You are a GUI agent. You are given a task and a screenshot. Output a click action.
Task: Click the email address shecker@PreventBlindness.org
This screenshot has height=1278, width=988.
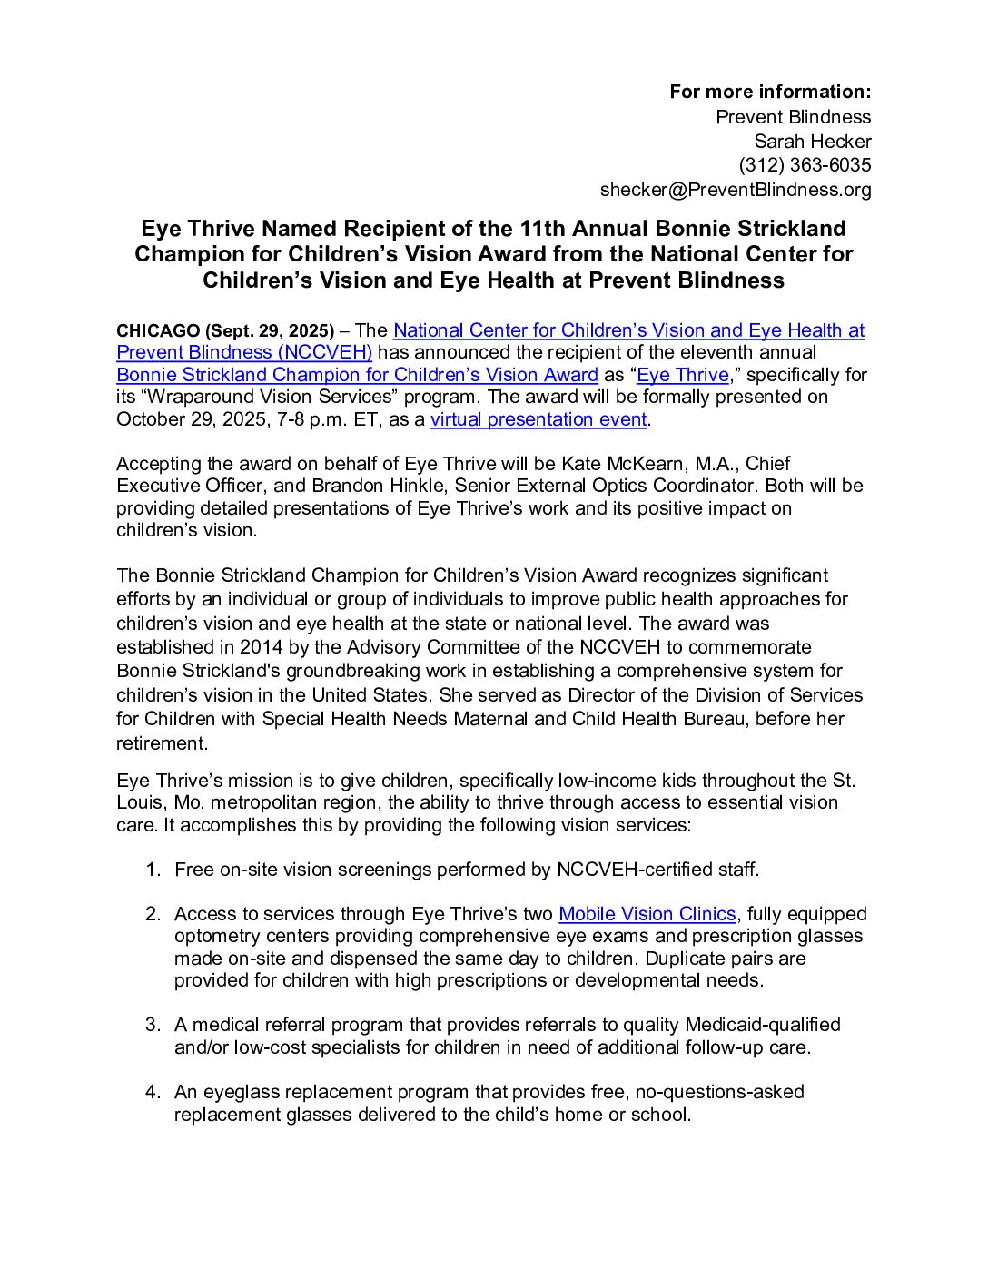(735, 190)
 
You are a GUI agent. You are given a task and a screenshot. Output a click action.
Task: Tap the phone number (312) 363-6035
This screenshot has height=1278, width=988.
(805, 165)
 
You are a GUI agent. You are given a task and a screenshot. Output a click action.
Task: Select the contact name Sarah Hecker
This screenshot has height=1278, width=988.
(812, 142)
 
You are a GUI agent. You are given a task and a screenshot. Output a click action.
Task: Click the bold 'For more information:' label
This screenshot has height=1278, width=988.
(770, 92)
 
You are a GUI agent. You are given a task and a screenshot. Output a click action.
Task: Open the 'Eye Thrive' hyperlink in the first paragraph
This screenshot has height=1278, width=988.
(682, 375)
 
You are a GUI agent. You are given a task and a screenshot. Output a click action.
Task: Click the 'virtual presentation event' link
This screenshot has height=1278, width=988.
(538, 419)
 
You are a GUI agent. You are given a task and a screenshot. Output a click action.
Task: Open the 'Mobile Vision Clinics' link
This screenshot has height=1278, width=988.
(647, 914)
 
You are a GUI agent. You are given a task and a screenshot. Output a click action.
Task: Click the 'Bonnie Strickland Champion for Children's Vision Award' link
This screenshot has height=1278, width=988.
(357, 375)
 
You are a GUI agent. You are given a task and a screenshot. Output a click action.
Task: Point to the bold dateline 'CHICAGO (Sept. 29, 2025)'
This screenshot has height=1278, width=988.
(225, 331)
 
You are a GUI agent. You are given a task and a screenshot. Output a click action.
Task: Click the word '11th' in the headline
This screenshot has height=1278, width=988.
(544, 229)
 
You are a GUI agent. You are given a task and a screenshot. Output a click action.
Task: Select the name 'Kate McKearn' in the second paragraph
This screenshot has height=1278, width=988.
(613, 464)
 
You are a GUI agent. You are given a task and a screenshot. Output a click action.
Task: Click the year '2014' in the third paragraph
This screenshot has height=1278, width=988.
(262, 647)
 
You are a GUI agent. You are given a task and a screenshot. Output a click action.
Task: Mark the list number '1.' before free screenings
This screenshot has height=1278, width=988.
(153, 870)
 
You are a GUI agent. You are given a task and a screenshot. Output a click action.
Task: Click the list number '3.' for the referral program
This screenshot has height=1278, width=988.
(153, 1025)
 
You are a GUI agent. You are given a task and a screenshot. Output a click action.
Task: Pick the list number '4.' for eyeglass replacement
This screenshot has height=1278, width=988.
(153, 1092)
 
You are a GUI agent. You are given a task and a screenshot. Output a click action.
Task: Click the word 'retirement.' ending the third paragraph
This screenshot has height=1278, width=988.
(162, 743)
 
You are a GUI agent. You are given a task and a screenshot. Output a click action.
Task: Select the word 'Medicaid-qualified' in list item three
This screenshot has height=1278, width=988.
(762, 1025)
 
